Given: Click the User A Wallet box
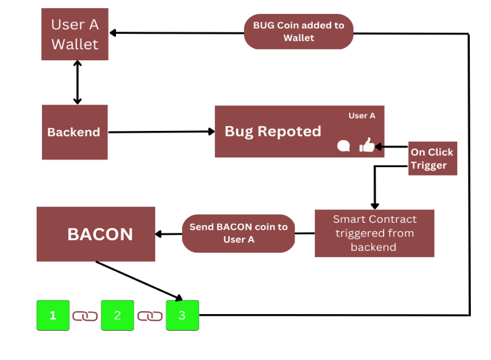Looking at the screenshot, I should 75,34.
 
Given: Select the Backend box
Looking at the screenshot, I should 75,132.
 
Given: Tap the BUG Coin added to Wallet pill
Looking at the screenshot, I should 299,32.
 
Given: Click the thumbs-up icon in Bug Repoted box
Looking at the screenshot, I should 366,146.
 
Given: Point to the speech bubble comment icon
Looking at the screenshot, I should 343,146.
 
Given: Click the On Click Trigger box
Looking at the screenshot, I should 432,158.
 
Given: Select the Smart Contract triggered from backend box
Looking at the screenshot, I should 374,233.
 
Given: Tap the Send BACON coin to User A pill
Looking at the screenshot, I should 238,233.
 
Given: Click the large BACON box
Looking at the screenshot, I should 96,234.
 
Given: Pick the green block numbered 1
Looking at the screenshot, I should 53,315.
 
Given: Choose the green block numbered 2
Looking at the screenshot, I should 117,315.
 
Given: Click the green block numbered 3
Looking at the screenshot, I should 182,315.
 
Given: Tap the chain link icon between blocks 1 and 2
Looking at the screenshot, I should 85,316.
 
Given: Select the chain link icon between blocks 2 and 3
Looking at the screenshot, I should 150,316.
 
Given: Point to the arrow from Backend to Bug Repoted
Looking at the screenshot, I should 161,132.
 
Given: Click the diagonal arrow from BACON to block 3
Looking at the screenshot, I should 138,280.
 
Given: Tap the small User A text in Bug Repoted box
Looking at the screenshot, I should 362,115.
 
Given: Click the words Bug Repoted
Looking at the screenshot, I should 273,131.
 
